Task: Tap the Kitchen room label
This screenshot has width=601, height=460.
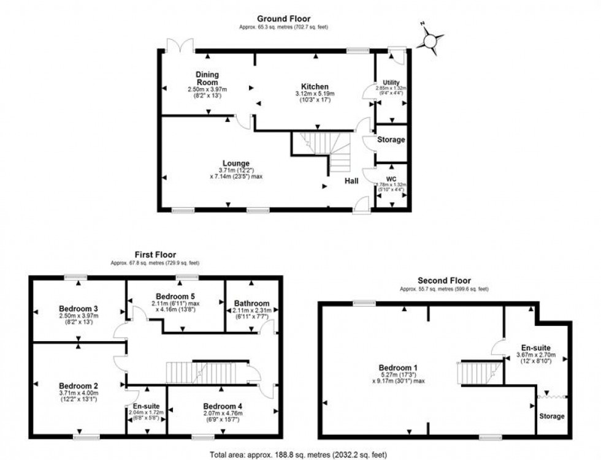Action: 315,86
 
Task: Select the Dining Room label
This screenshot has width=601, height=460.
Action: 207,78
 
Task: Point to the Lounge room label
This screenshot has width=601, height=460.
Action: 236,164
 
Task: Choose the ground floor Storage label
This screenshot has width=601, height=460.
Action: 391,140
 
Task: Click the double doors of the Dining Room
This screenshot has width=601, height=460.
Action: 182,44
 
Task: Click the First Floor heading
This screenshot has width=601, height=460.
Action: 155,254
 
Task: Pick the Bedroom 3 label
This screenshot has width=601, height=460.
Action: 78,308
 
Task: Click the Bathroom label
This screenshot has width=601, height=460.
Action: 251,303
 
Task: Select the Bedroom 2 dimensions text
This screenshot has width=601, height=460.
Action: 78,396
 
